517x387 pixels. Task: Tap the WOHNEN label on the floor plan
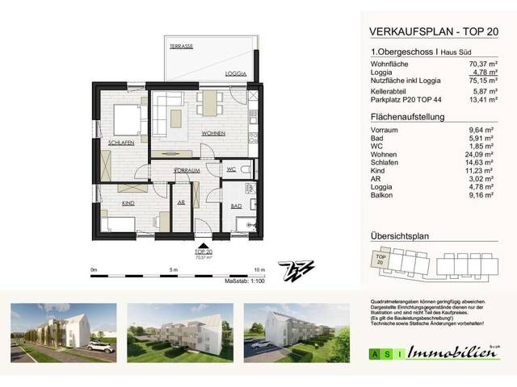pos(214,132)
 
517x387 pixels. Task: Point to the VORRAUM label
pos(187,171)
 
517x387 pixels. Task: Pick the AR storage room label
pos(181,202)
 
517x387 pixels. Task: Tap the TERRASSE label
pos(181,48)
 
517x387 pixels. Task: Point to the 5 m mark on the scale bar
pos(172,268)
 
